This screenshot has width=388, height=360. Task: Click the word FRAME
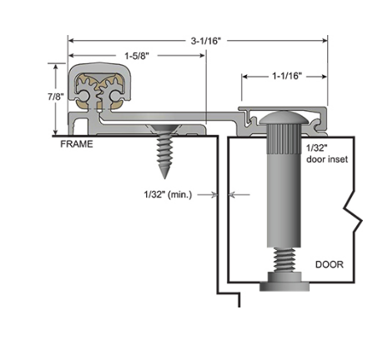(76, 144)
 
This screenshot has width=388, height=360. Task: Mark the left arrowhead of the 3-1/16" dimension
(71, 39)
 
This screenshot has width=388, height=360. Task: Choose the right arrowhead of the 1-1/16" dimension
(326, 76)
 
